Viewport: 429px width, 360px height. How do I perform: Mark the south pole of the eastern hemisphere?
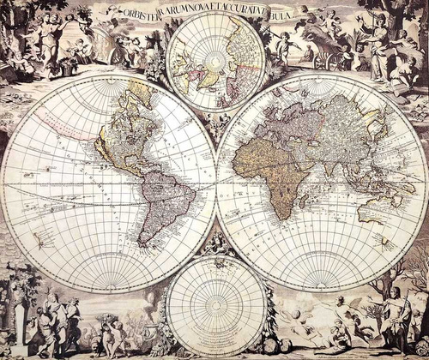pos(322,284)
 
